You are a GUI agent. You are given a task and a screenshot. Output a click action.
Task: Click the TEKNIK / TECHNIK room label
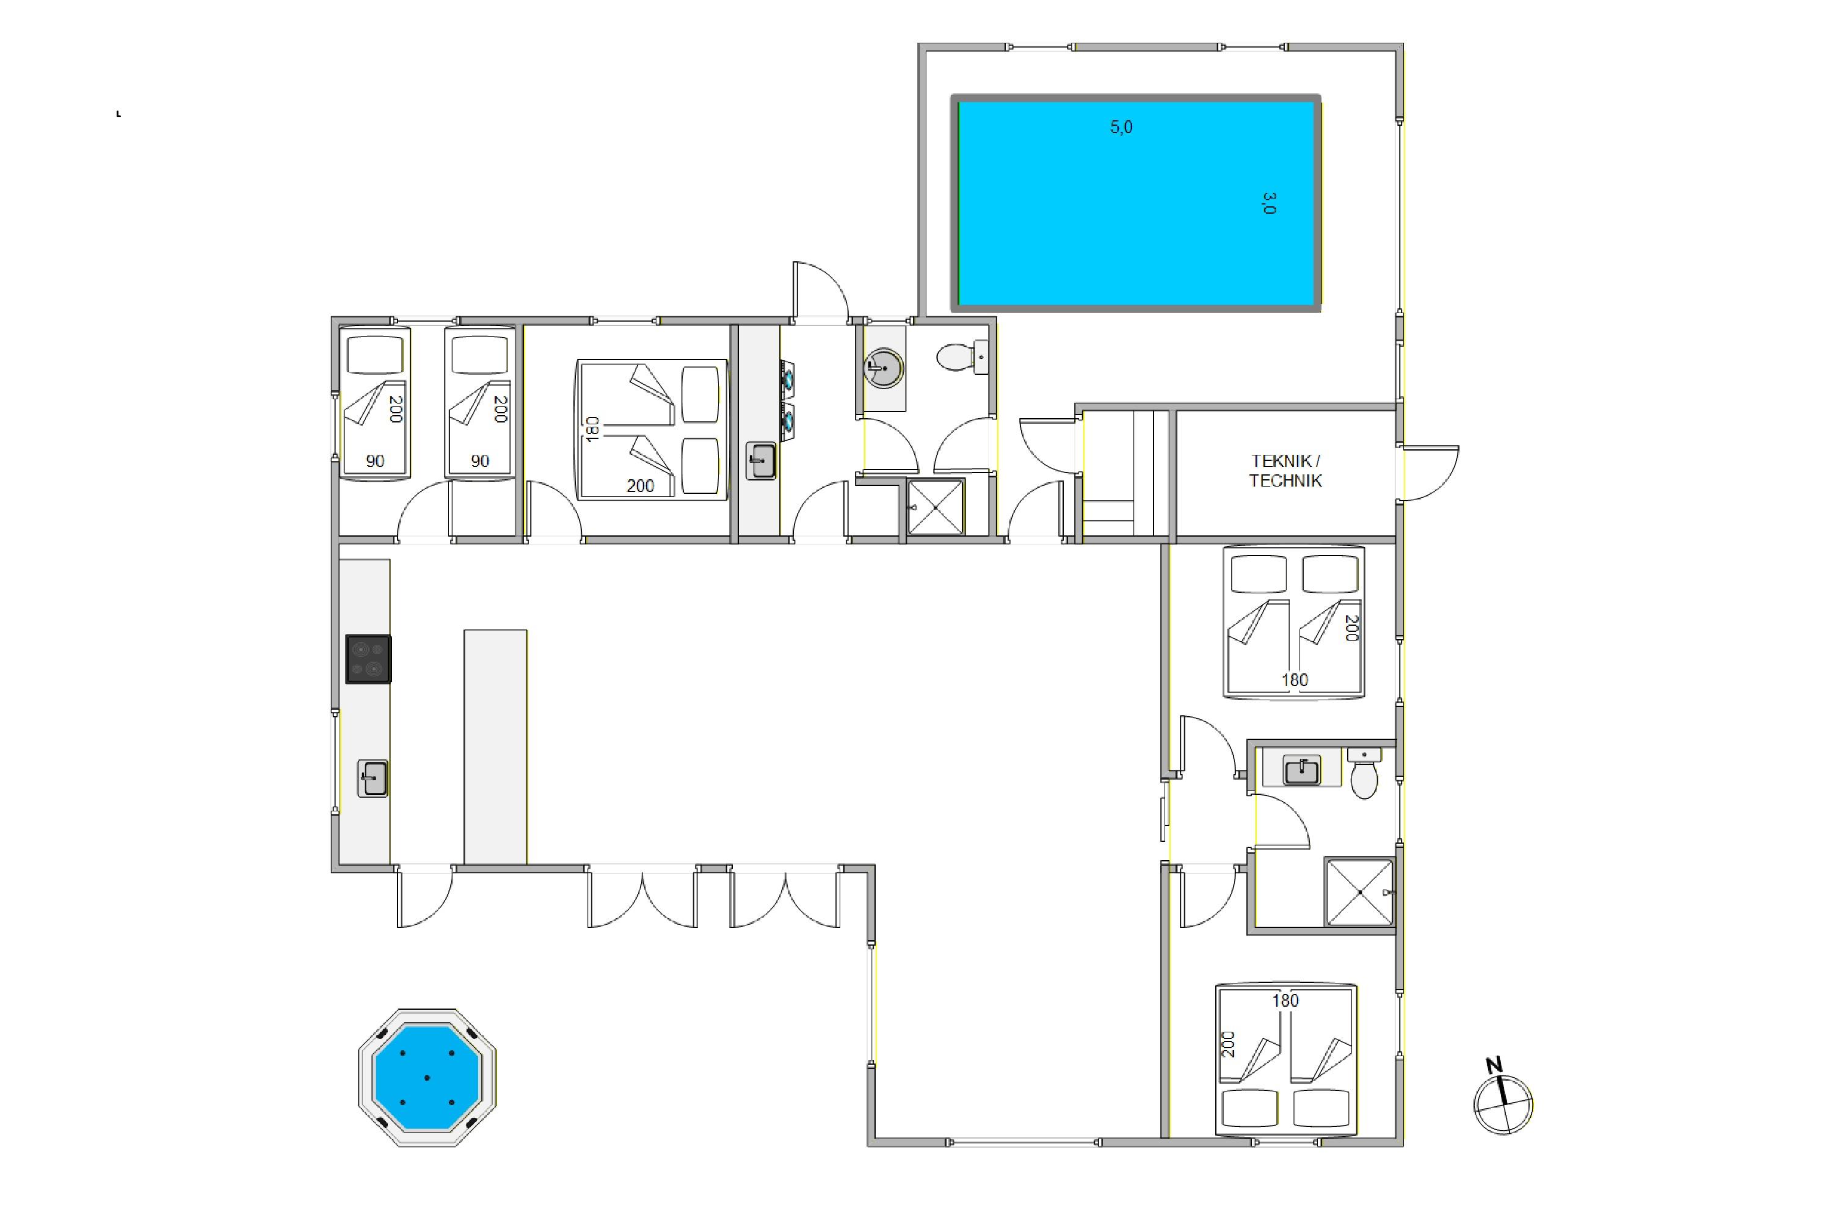[x=1285, y=471]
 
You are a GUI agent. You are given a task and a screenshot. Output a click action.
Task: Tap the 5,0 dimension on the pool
[x=1122, y=127]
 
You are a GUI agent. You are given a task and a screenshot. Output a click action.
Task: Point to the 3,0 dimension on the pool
[x=1269, y=203]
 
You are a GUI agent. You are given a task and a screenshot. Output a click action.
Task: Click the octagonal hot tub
[x=427, y=1077]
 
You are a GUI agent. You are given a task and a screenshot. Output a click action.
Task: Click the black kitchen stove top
[x=368, y=659]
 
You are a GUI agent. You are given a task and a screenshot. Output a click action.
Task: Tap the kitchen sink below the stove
[x=373, y=778]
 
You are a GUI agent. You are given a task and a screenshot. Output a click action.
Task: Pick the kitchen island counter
[x=495, y=747]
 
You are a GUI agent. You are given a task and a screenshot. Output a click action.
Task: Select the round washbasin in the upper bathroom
[x=884, y=368]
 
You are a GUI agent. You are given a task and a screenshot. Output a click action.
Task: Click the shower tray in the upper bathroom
[x=936, y=507]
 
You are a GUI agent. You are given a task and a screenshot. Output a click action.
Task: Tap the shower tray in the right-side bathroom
[x=1359, y=891]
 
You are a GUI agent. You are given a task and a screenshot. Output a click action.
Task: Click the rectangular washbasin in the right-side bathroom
[x=1301, y=769]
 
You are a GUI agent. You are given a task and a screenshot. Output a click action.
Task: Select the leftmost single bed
[x=375, y=402]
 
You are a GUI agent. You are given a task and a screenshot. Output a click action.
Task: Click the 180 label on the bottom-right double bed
[x=1285, y=1001]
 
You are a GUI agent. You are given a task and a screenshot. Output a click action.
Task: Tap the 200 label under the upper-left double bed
[x=640, y=486]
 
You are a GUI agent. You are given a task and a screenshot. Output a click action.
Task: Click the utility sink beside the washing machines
[x=761, y=460]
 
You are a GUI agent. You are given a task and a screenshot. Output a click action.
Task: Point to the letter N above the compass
[x=1494, y=1065]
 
